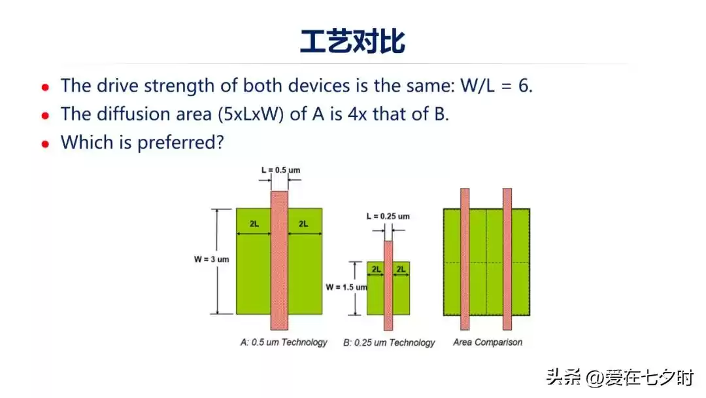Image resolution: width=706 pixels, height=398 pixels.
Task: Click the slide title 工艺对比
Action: pos(352,41)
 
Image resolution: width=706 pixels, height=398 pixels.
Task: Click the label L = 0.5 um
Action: pos(279,170)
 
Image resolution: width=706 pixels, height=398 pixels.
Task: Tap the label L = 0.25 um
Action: pos(388,216)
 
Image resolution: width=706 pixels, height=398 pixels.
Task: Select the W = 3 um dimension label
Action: pos(212,259)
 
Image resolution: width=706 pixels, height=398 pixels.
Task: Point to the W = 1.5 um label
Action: pos(346,287)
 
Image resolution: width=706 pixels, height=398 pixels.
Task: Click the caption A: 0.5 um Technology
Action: pos(284,342)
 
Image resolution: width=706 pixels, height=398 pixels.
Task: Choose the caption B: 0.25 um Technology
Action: pos(389,342)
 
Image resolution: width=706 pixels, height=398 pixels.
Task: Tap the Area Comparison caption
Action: pos(488,342)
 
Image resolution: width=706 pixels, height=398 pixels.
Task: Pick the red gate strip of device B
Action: pos(388,295)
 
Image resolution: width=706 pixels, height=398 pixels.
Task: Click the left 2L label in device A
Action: pos(254,224)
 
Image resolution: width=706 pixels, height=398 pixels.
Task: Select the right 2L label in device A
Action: pos(303,224)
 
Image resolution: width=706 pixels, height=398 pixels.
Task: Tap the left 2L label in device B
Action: pos(376,269)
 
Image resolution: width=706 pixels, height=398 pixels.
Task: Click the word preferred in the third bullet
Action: pos(177,143)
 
